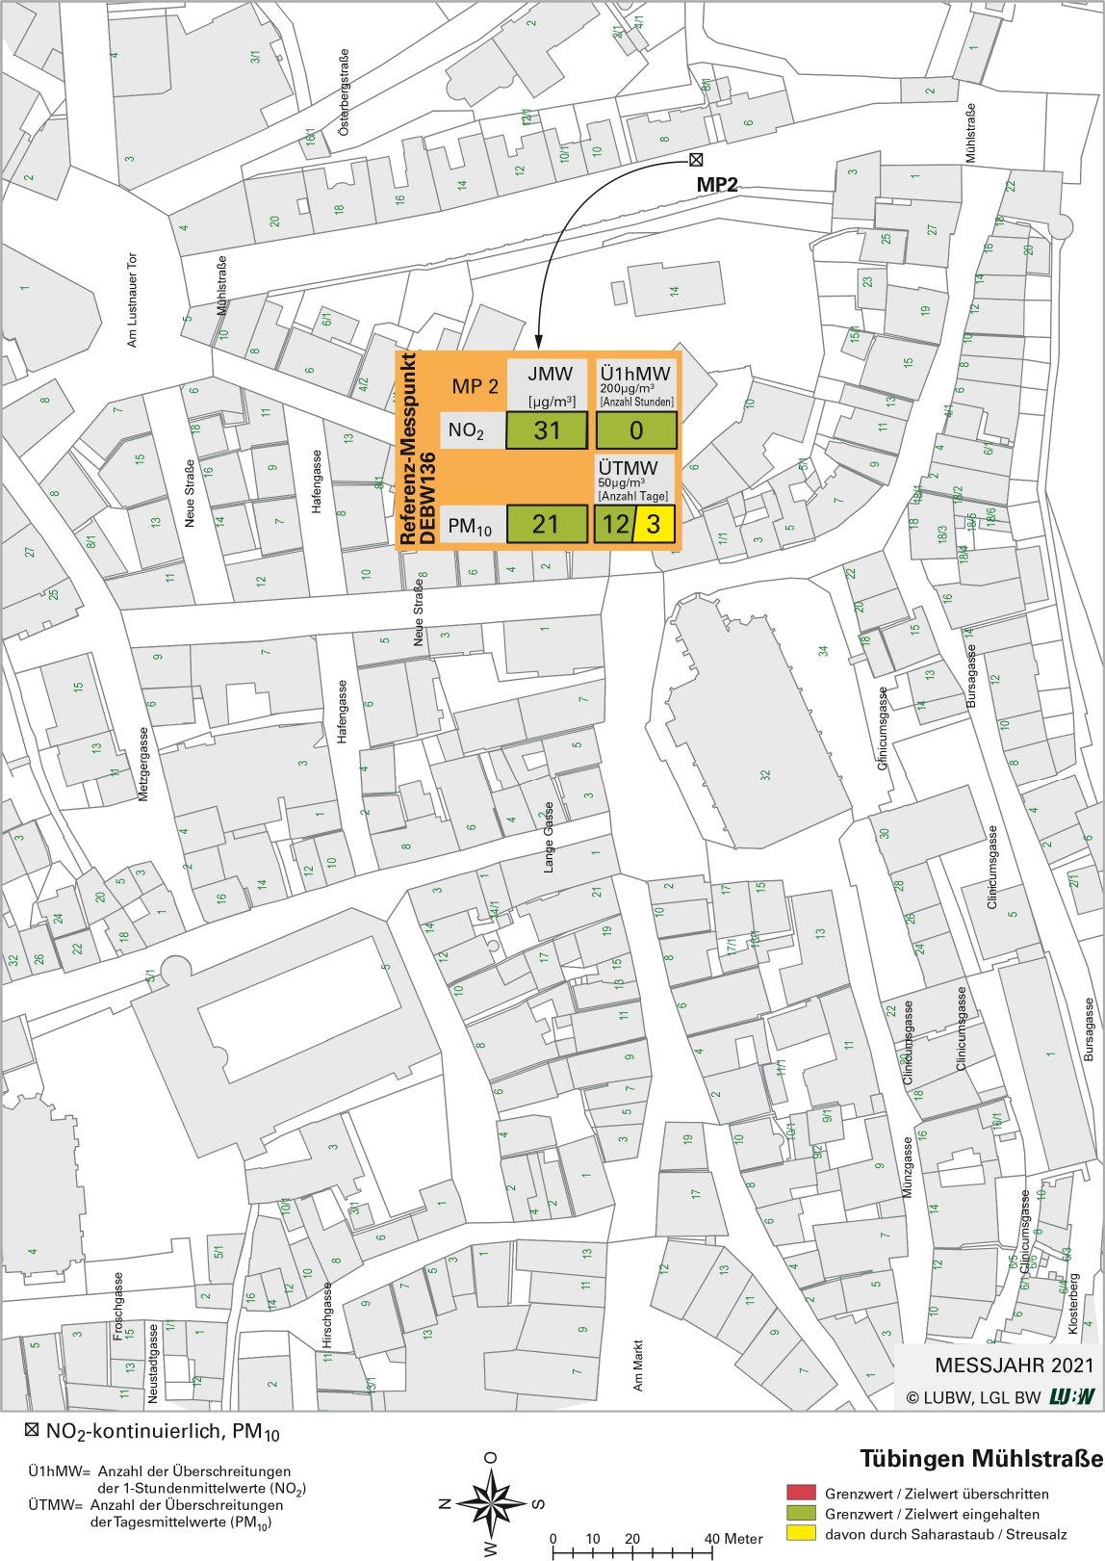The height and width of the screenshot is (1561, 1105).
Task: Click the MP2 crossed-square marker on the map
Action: tap(696, 160)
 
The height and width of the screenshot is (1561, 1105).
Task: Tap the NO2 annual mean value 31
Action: tap(547, 430)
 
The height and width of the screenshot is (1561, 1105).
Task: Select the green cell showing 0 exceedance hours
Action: tap(636, 430)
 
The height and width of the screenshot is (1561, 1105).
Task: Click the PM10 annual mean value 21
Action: tap(546, 524)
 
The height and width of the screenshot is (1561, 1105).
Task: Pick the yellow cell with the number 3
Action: tap(654, 525)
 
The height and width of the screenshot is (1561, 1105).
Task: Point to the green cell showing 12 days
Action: tap(614, 525)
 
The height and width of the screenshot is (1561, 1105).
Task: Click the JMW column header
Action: tap(550, 374)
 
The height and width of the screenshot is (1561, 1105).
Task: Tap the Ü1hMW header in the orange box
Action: tap(635, 374)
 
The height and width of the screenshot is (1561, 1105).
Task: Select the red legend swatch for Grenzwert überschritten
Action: tap(801, 1494)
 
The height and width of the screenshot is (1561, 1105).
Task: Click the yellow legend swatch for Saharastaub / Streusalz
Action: tap(801, 1533)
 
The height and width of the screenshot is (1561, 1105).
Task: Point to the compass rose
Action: tap(492, 1503)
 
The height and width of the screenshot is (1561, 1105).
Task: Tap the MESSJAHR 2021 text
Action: tap(1014, 1365)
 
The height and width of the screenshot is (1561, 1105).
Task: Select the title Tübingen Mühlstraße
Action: tap(980, 1458)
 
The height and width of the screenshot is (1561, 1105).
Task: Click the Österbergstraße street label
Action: tap(345, 92)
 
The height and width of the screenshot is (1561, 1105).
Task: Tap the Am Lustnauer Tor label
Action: tap(133, 299)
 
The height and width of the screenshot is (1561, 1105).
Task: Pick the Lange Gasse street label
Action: tap(550, 837)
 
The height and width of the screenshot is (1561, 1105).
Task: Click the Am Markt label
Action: tap(637, 1366)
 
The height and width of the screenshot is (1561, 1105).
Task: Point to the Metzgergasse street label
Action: tap(144, 764)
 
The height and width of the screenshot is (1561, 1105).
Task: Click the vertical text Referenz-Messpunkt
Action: tap(408, 448)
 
